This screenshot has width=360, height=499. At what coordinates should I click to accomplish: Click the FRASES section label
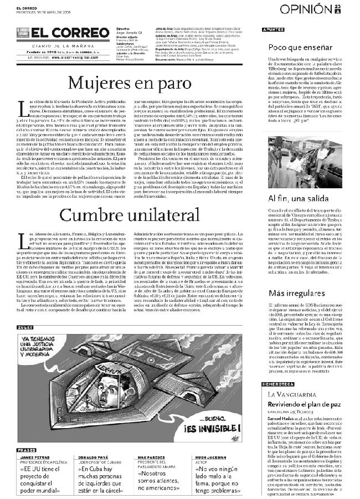point(26,450)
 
